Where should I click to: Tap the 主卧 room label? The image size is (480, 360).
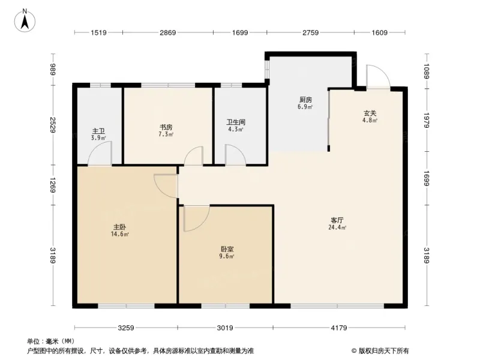pos(119,227)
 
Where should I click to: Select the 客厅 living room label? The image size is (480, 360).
pos(336,220)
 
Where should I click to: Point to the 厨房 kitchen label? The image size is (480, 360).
pos(305,100)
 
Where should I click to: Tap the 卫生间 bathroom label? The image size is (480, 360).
pos(235,122)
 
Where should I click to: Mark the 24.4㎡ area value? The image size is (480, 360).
pos(337,228)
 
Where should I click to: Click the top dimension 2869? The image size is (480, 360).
pos(167,33)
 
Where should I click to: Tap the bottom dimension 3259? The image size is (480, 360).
pos(125,328)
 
